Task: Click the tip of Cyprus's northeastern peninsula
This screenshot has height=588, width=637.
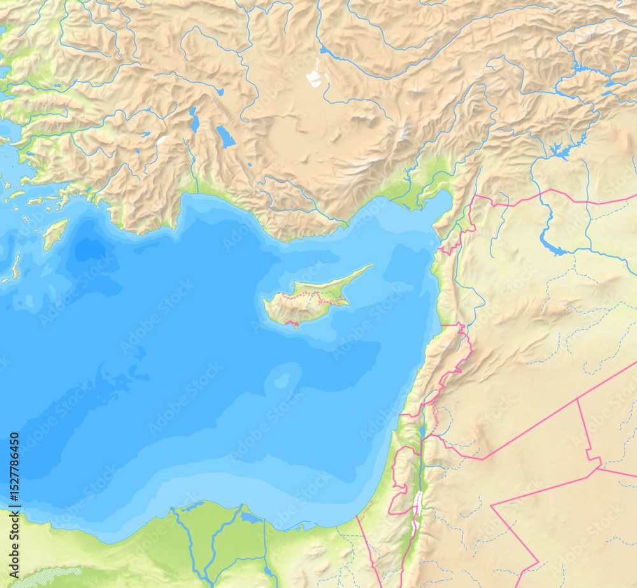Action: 371,266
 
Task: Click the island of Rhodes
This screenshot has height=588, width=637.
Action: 55,233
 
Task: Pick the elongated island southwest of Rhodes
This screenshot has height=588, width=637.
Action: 16,266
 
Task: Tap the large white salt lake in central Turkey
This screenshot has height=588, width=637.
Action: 314,76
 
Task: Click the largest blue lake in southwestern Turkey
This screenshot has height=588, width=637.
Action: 225,136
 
